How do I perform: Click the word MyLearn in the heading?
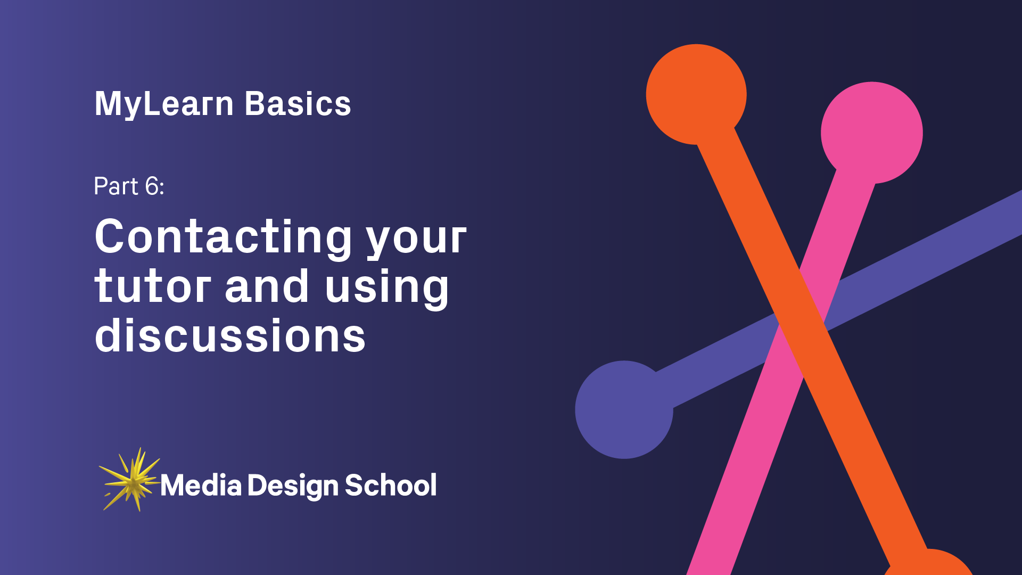coord(164,104)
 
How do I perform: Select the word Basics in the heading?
coord(298,104)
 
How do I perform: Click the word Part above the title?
coord(116,186)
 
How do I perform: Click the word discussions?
coord(230,336)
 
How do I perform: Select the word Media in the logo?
coord(201,486)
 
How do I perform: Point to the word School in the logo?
coord(391,486)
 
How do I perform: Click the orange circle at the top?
coord(696,94)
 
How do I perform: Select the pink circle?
coord(871,133)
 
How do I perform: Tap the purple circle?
coord(624,409)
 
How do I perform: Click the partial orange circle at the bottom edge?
coord(929,564)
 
